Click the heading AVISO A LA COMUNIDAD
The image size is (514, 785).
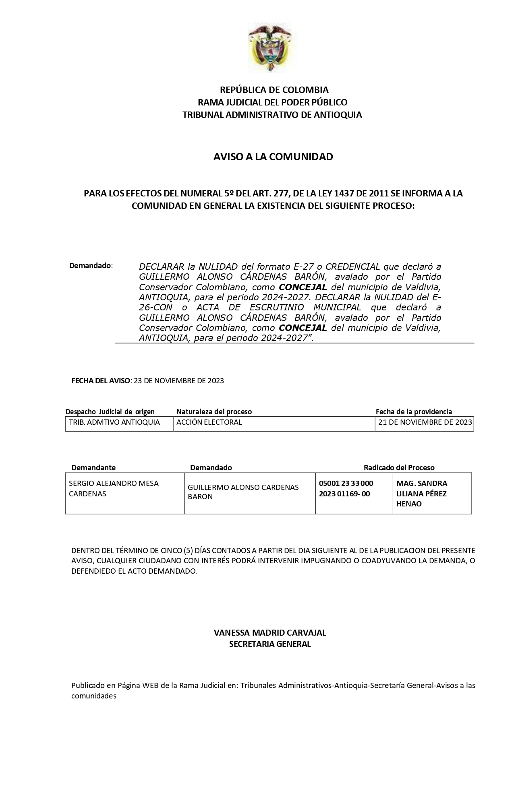coord(273,157)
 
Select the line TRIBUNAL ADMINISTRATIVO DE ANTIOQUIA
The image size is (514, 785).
coord(272,115)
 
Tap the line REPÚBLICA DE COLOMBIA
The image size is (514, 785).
coord(274,89)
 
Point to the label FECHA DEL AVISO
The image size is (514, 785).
coord(101,381)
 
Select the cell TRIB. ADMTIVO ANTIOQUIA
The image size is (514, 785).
coord(115,422)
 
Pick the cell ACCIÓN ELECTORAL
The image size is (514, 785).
coord(209,422)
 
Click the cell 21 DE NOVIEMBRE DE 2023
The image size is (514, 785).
coord(425,422)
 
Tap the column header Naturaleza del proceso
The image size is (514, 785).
coord(214,411)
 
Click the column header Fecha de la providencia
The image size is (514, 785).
coord(414,411)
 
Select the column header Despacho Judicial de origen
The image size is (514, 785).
coord(110,411)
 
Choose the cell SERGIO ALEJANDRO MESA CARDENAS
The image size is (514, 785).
coord(114,488)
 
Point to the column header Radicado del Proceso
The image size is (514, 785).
coord(399,467)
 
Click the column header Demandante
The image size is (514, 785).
coord(93,467)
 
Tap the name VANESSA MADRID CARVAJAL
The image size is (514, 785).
coord(270,632)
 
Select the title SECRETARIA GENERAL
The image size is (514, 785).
coord(270,644)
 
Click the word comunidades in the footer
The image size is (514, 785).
coord(94,696)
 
